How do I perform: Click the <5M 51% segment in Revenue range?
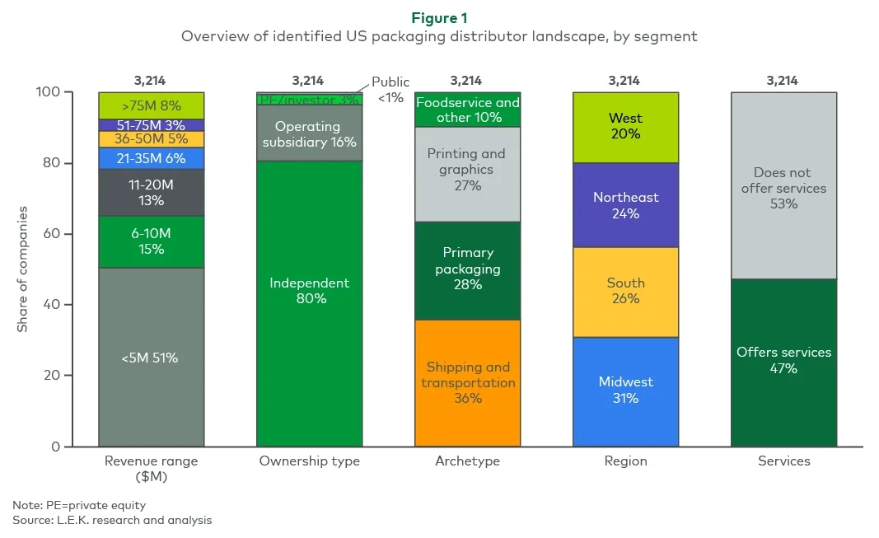[x=152, y=358]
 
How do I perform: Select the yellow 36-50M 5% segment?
[x=152, y=139]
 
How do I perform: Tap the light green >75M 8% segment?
[x=152, y=105]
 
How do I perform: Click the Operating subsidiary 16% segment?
[x=310, y=133]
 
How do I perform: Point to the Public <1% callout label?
[x=390, y=90]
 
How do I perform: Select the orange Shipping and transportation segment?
[x=468, y=383]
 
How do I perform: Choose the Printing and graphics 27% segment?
[x=468, y=169]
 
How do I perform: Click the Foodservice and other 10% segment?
[x=468, y=110]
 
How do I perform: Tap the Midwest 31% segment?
[x=626, y=390]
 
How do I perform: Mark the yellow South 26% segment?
[x=626, y=290]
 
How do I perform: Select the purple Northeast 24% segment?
[x=626, y=205]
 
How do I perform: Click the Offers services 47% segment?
[x=784, y=360]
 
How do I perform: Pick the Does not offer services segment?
[x=784, y=187]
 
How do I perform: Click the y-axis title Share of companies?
[x=23, y=269]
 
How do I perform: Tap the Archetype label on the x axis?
[x=468, y=461]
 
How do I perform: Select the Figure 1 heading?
[x=439, y=18]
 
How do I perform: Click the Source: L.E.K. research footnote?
[x=112, y=521]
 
